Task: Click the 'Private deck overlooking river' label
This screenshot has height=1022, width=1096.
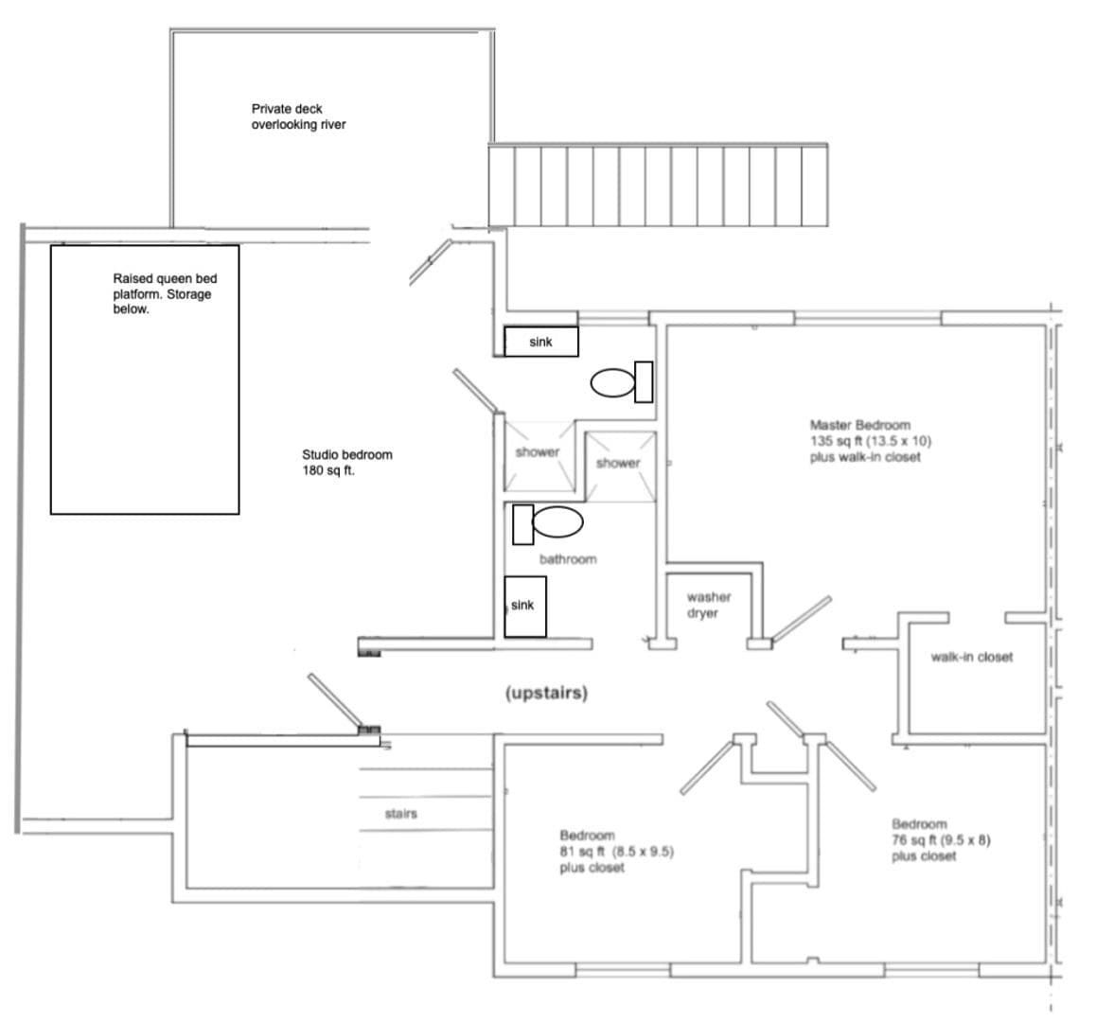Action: [x=298, y=116]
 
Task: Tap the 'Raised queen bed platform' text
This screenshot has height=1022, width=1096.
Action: [x=165, y=286]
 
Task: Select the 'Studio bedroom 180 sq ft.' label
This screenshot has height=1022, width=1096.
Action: [x=346, y=462]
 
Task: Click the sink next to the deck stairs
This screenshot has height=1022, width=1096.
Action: [x=541, y=342]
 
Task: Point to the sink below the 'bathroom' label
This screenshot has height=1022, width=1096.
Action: [x=525, y=606]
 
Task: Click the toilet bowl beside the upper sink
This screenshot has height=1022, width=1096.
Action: [x=613, y=382]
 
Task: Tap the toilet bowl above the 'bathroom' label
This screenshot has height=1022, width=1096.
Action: [x=557, y=522]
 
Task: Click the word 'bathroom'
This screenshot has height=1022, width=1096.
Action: [x=568, y=559]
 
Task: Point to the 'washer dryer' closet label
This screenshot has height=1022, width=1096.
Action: [x=709, y=605]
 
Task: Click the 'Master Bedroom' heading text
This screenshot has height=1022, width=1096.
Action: [x=859, y=425]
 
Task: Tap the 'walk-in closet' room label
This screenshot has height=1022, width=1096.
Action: [x=972, y=657]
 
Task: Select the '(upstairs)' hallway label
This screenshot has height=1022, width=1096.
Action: [x=547, y=693]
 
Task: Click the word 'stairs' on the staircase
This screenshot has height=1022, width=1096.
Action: [x=400, y=814]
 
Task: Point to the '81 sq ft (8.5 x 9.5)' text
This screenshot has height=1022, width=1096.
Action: [x=616, y=852]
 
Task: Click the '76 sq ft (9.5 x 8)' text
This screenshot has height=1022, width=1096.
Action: [x=941, y=840]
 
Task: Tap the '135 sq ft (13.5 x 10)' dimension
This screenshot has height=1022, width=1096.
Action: [x=871, y=441]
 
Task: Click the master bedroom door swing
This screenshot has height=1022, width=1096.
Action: [x=801, y=619]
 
